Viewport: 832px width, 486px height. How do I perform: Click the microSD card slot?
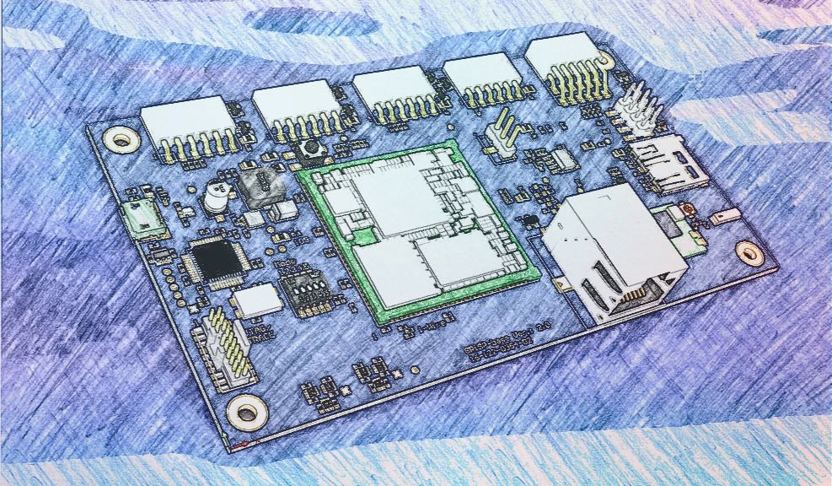[666, 162]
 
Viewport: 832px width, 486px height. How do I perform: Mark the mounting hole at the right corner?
[749, 252]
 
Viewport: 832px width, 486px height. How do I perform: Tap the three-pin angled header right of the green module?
[502, 132]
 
